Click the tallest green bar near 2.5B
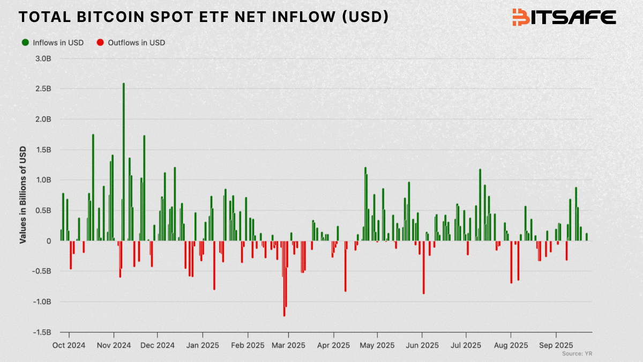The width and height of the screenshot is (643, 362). coord(124,161)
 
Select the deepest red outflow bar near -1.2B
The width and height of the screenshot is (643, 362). coord(284,279)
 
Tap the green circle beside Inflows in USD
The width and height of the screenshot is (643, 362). coord(25,42)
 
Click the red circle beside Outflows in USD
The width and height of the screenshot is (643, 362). coord(100,42)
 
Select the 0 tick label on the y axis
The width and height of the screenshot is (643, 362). coord(48,241)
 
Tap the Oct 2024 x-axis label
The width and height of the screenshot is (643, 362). coord(69,345)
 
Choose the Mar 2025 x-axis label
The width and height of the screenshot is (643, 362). coord(289,345)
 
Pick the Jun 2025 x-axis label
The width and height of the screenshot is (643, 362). coord(423,345)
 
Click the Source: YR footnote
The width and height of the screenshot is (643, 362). coord(577,354)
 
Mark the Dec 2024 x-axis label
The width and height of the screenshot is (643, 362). coord(158,345)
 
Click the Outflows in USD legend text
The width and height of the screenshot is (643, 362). coord(136,42)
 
